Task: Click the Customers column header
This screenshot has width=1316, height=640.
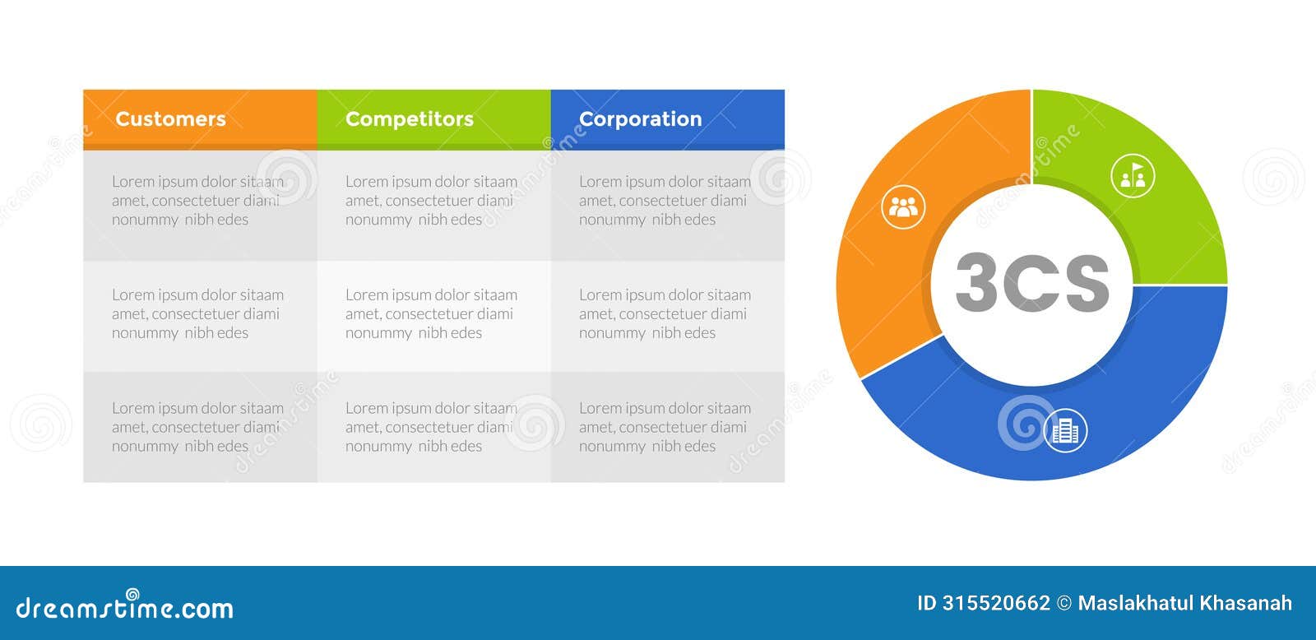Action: click(x=200, y=119)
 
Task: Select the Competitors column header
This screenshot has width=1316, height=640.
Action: click(x=433, y=119)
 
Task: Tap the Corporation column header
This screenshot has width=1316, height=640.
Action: click(x=667, y=119)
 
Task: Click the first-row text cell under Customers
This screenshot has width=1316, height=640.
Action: click(x=200, y=201)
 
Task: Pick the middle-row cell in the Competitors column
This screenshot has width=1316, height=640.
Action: click(x=433, y=314)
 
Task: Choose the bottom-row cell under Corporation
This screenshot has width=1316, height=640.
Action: click(x=667, y=427)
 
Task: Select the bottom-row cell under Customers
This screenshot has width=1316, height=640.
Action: click(x=200, y=427)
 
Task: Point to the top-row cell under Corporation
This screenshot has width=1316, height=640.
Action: click(x=667, y=201)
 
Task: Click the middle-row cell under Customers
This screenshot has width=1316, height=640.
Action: click(x=200, y=314)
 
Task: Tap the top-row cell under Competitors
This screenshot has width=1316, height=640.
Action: click(x=433, y=201)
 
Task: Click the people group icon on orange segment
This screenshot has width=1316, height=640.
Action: click(x=903, y=207)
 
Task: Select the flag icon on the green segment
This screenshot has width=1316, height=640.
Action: click(x=1133, y=176)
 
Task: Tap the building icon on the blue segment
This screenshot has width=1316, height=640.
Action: click(x=1065, y=430)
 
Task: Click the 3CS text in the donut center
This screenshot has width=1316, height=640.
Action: click(x=1032, y=282)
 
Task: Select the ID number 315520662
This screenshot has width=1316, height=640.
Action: click(x=995, y=603)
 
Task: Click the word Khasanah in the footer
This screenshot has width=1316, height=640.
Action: click(x=1248, y=603)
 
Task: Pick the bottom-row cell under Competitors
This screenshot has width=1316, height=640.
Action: click(x=433, y=427)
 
